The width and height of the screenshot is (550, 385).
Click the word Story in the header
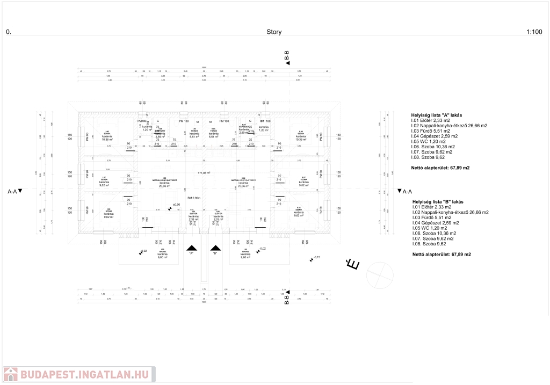point(274,32)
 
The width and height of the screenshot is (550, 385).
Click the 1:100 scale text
point(534,32)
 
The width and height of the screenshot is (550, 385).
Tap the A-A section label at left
point(15,191)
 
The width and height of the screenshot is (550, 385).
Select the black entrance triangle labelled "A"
point(191,248)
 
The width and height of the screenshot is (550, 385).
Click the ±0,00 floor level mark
point(175,205)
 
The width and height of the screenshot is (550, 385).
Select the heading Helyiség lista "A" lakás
point(437,115)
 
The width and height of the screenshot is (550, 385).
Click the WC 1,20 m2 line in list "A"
point(430,141)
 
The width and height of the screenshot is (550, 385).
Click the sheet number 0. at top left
point(8,32)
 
